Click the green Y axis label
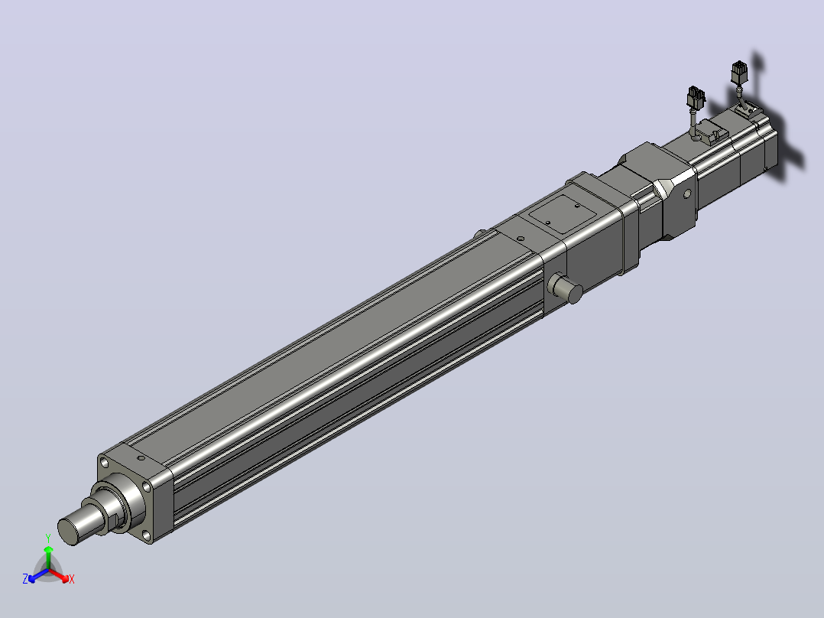click(48, 538)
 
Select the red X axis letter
click(72, 579)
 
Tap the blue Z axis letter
click(25, 579)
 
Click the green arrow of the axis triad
click(48, 557)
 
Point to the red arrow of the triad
click(59, 575)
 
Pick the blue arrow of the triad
click(38, 575)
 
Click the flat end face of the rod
click(67, 532)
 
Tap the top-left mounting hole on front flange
click(104, 463)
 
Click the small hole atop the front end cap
click(141, 457)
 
